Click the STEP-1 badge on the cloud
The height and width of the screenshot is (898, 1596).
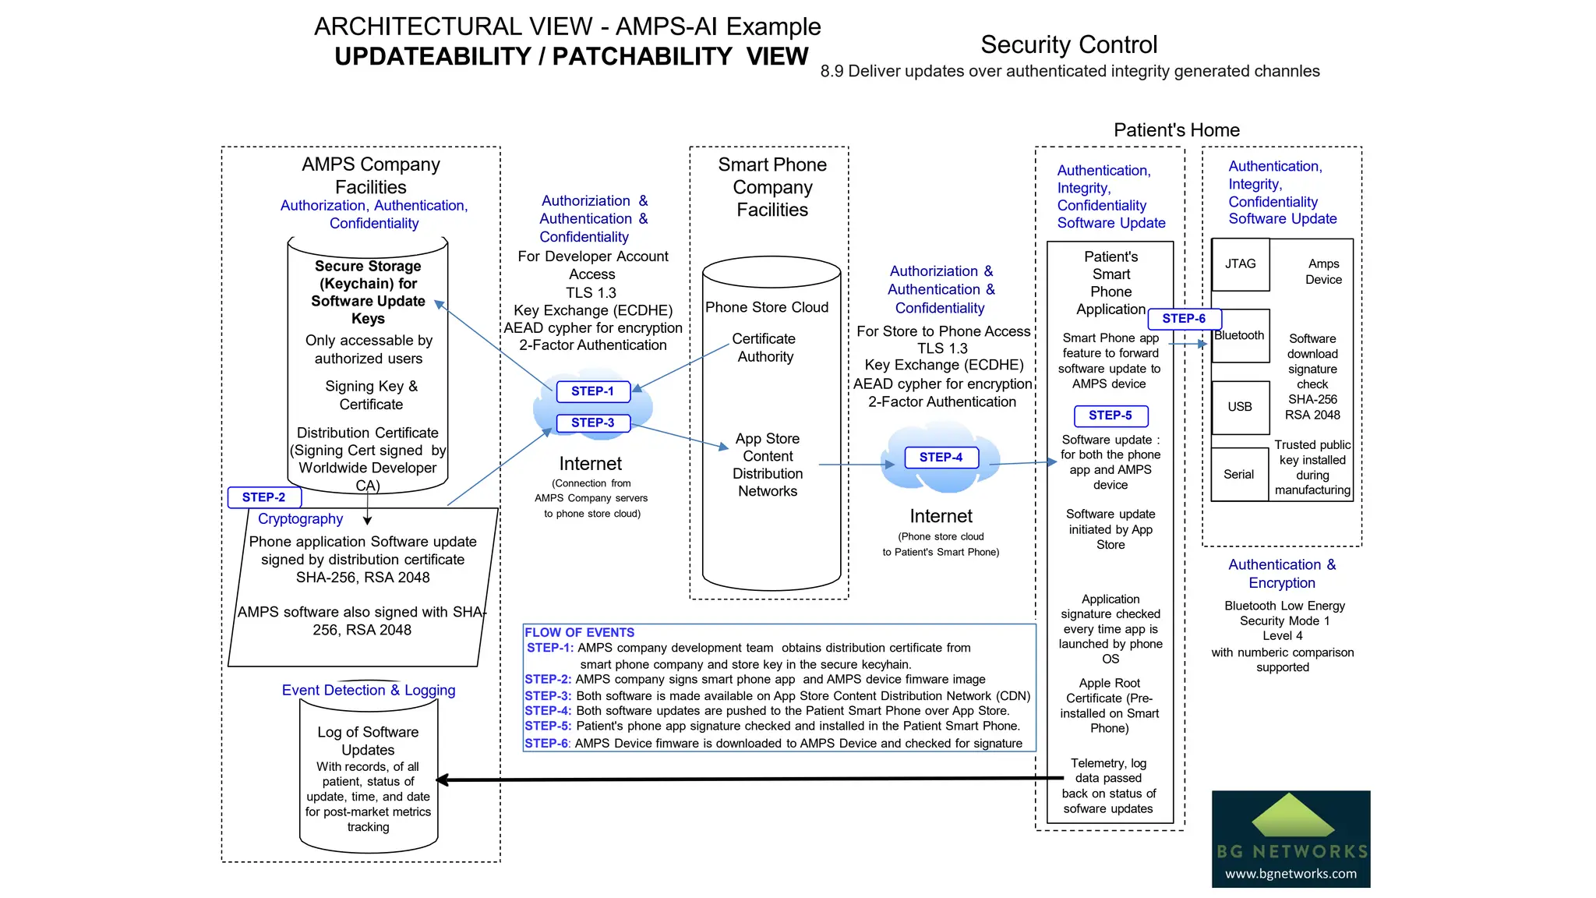point(592,391)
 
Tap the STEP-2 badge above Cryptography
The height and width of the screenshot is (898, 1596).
point(263,497)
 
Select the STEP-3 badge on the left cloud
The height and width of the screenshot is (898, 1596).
point(592,422)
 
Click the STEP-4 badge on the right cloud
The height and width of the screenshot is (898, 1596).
point(941,458)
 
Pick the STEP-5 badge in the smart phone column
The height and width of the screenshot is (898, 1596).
point(1110,415)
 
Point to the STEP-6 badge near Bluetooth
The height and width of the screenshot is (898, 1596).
point(1184,318)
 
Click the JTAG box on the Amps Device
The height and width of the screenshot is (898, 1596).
point(1240,264)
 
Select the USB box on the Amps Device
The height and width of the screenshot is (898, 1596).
point(1240,407)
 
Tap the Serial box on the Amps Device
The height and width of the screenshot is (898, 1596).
point(1238,474)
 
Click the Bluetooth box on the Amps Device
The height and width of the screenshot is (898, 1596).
point(1241,336)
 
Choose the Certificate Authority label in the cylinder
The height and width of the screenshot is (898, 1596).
point(764,348)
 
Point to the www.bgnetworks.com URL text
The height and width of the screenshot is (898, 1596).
point(1291,874)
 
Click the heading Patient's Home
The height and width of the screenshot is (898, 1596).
point(1176,130)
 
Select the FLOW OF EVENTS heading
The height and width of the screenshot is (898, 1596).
point(579,632)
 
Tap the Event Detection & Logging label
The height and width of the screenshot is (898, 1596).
point(369,690)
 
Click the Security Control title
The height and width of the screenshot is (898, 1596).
point(1068,44)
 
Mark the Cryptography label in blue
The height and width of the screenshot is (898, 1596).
point(300,519)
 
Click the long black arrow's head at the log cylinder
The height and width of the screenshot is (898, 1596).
point(442,780)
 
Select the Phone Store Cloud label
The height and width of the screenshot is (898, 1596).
point(767,307)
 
